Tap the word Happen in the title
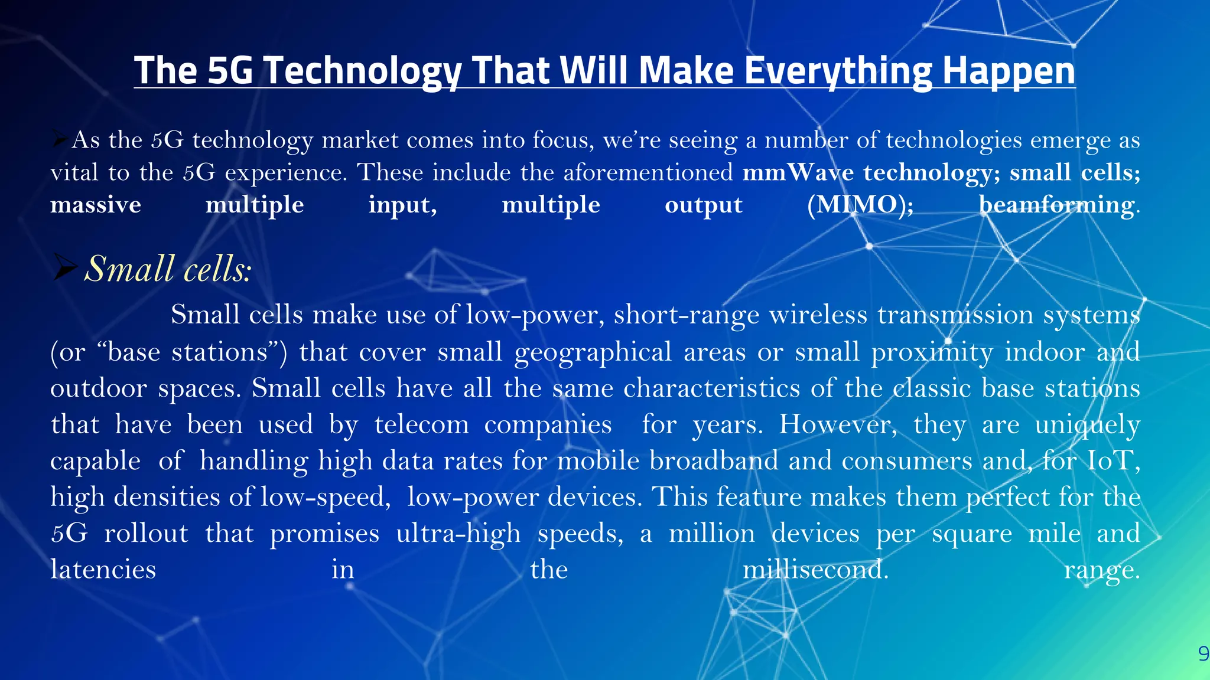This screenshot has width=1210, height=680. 1009,71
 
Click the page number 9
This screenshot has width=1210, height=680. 1203,653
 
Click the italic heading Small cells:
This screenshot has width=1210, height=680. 168,269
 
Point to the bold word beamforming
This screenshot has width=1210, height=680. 1056,205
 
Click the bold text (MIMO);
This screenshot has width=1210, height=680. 860,205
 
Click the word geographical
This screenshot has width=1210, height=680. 593,352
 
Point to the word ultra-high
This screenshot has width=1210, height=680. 458,534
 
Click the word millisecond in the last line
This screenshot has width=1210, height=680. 815,570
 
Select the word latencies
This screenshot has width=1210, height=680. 103,570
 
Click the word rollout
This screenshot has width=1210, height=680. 146,534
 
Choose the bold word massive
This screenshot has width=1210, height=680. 96,205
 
